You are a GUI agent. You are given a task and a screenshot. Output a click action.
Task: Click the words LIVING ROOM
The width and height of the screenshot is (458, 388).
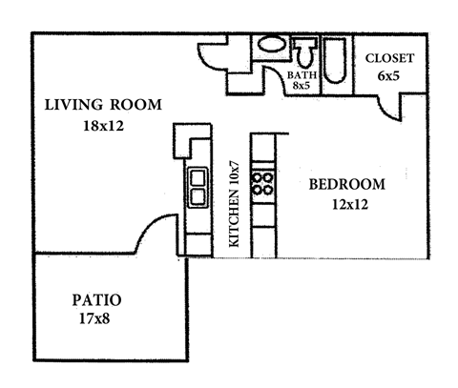coord(103,104)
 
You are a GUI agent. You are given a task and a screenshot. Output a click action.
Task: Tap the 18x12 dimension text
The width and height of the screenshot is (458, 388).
coord(102,124)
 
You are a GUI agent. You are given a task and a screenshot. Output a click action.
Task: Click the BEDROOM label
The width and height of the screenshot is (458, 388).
coord(347,184)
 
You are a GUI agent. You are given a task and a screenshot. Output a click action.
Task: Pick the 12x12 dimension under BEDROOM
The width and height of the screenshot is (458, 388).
coord(347,203)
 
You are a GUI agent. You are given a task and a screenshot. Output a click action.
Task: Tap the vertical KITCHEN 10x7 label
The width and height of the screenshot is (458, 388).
coord(233,204)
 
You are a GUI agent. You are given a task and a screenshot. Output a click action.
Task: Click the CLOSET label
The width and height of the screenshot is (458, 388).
coord(390,57)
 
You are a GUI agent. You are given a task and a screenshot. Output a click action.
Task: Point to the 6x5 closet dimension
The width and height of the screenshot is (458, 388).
coord(390,76)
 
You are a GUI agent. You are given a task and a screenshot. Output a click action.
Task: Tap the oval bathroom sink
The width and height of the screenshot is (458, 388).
coord(271,45)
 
